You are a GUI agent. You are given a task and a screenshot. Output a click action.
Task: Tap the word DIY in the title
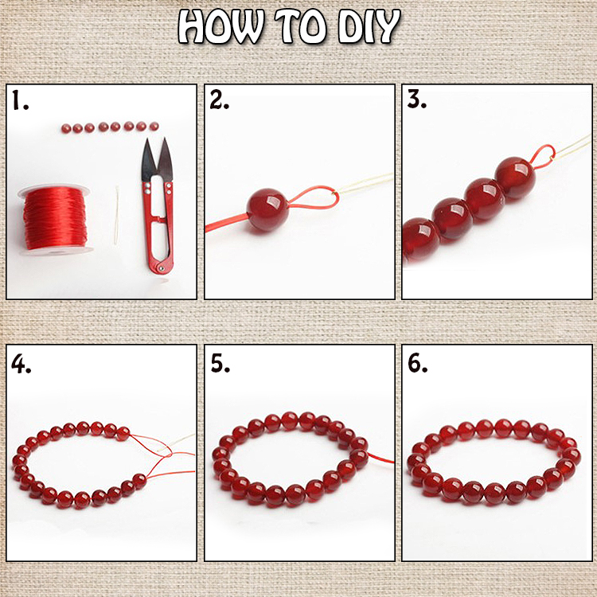click(369, 27)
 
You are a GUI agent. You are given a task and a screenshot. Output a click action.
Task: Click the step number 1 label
click(20, 100)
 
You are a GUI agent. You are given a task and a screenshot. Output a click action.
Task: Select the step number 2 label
click(220, 100)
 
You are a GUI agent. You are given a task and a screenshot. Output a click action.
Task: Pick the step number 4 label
click(21, 364)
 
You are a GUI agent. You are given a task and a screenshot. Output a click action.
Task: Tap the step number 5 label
click(220, 364)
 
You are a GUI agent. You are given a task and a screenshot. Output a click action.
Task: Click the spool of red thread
click(56, 220)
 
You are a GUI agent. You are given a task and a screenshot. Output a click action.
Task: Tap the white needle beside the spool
click(116, 215)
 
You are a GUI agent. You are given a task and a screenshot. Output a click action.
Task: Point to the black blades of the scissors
click(157, 159)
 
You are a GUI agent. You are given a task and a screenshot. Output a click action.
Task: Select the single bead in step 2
click(267, 210)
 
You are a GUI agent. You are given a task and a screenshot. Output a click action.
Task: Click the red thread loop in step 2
click(313, 198)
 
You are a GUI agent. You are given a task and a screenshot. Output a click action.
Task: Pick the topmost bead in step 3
click(515, 178)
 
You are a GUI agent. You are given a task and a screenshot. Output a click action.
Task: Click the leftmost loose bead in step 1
click(66, 128)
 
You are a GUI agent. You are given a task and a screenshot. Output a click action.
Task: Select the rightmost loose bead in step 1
click(154, 126)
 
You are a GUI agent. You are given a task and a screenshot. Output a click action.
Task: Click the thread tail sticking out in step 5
click(380, 458)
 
